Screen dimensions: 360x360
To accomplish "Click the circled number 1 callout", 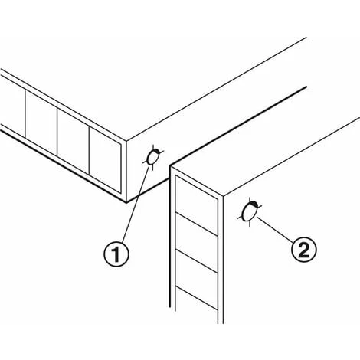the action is (116, 254).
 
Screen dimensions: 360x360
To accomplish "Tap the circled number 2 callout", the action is (304, 249).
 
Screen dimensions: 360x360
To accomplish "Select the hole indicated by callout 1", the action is (152, 157).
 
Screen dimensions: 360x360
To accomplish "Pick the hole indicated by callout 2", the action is (249, 211).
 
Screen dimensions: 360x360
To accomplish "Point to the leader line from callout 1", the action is (136, 205).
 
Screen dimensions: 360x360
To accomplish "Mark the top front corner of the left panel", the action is (126, 140).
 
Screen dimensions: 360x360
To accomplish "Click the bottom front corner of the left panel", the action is (126, 202).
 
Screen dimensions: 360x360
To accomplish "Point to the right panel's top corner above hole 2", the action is (224, 196).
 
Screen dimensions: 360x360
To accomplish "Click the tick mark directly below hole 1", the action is (152, 167).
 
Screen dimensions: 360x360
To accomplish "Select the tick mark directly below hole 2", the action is (249, 224).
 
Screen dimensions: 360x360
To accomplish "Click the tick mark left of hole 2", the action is (240, 218).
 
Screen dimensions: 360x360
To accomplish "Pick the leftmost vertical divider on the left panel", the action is (25, 114).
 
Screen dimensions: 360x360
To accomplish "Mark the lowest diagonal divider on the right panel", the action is (197, 299).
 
